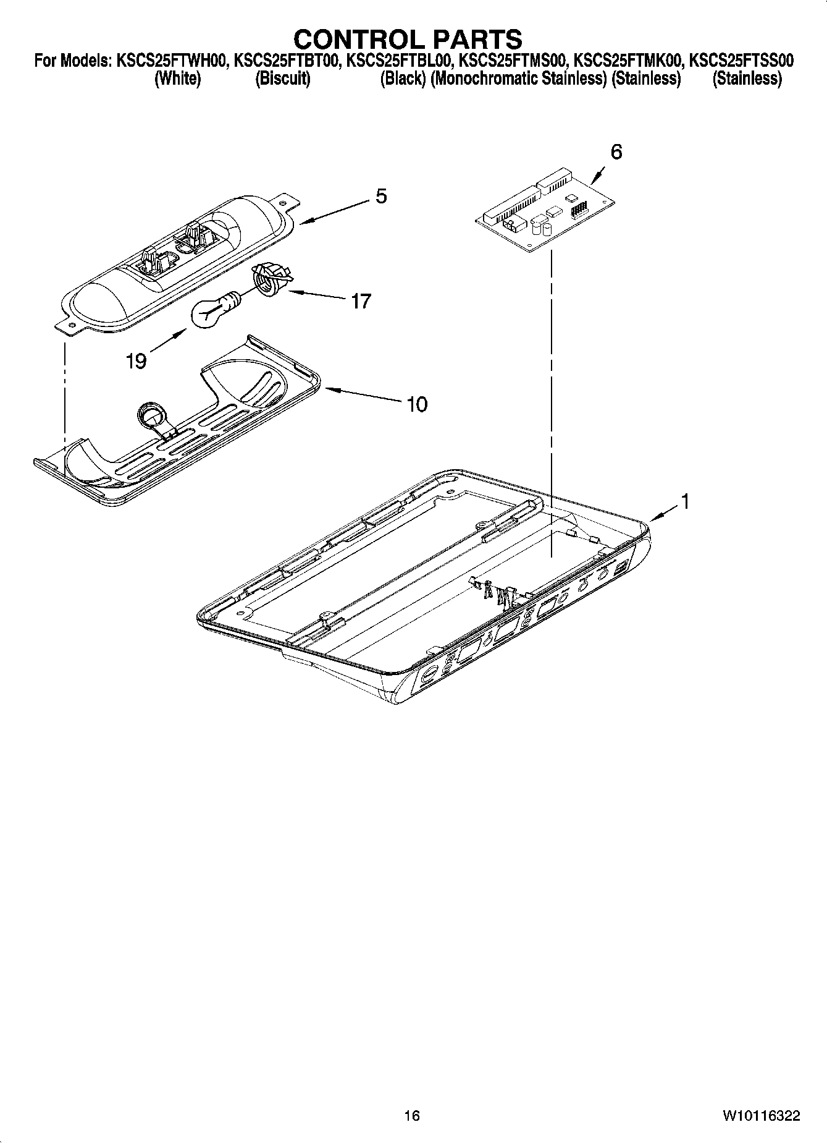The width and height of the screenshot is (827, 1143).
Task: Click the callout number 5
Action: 381,197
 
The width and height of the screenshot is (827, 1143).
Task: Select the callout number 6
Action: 616,151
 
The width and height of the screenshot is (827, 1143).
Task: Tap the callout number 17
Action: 361,301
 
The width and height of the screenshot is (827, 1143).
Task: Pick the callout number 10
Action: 417,404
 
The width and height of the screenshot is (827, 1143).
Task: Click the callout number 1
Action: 684,502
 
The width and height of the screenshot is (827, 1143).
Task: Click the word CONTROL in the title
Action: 357,39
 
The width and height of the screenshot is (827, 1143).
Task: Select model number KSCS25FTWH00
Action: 170,61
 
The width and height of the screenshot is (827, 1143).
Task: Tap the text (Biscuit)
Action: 282,79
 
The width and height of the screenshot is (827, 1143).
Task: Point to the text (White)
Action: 177,79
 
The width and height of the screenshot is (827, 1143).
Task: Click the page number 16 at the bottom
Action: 412,1115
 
